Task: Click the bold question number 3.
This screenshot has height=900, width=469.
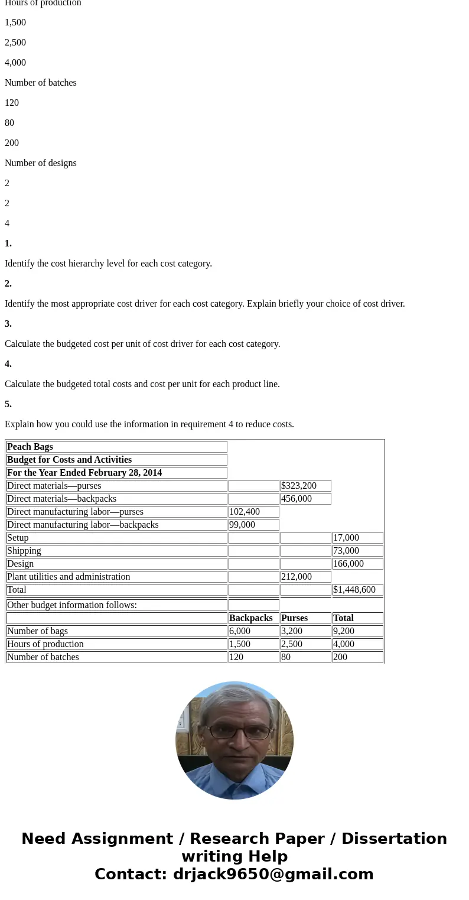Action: (8, 324)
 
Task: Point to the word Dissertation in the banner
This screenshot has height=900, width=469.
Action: (394, 839)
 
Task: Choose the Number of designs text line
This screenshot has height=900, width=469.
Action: (41, 163)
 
